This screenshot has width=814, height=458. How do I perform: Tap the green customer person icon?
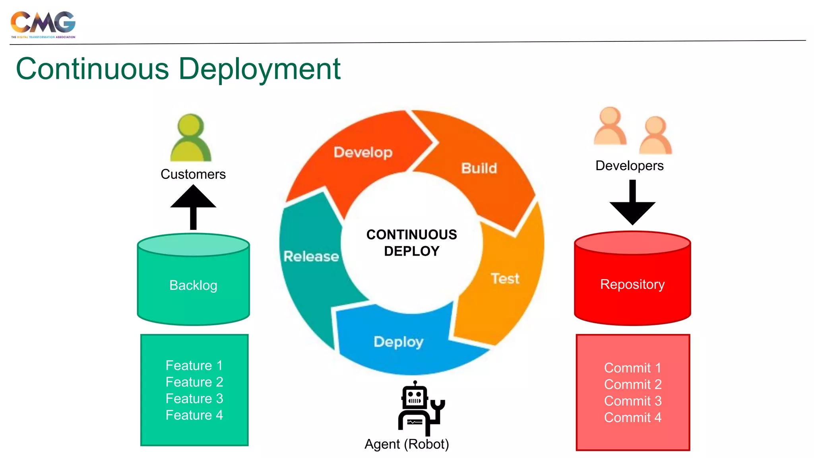click(x=191, y=138)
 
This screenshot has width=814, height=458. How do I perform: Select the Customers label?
click(x=193, y=174)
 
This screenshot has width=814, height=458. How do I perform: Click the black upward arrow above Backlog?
click(x=193, y=207)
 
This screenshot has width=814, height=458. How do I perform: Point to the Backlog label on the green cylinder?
click(x=193, y=285)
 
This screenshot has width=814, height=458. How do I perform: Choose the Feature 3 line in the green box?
click(x=194, y=398)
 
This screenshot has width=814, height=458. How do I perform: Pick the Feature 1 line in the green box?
click(x=194, y=365)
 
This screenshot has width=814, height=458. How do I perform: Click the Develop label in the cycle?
click(x=363, y=152)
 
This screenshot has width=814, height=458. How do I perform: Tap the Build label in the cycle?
click(x=479, y=168)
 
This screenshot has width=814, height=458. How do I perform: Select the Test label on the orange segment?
click(x=505, y=278)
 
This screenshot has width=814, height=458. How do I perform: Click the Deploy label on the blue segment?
click(x=399, y=342)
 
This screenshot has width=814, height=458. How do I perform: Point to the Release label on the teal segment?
click(x=311, y=256)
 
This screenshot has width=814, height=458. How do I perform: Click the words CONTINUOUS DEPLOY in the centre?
click(x=412, y=243)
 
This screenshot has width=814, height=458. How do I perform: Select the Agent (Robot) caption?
click(x=407, y=444)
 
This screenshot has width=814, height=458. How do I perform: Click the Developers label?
click(x=629, y=165)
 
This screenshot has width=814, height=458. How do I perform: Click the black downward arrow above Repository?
click(x=632, y=203)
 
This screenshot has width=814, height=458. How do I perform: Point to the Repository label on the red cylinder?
click(x=632, y=284)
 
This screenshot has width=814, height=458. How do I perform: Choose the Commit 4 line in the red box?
click(x=633, y=417)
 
